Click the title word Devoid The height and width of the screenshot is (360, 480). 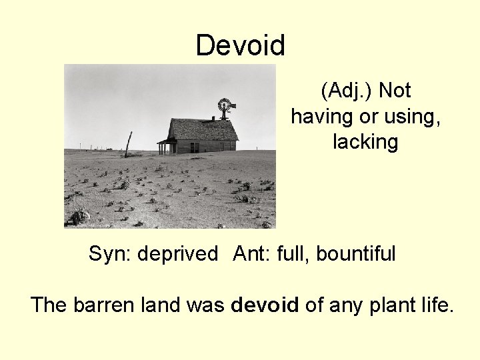tap(241, 46)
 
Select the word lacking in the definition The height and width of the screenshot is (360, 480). tap(365, 142)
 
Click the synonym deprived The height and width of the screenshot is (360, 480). tap(179, 254)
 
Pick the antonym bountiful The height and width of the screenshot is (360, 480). tap(356, 254)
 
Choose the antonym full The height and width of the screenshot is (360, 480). tap(293, 254)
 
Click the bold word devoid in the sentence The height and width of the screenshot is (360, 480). tap(265, 305)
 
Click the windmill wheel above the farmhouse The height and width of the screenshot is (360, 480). tap(224, 105)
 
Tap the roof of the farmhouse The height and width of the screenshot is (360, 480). tap(203, 129)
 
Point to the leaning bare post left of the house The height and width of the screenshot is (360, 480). tap(128, 144)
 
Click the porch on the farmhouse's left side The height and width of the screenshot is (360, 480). tap(166, 146)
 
